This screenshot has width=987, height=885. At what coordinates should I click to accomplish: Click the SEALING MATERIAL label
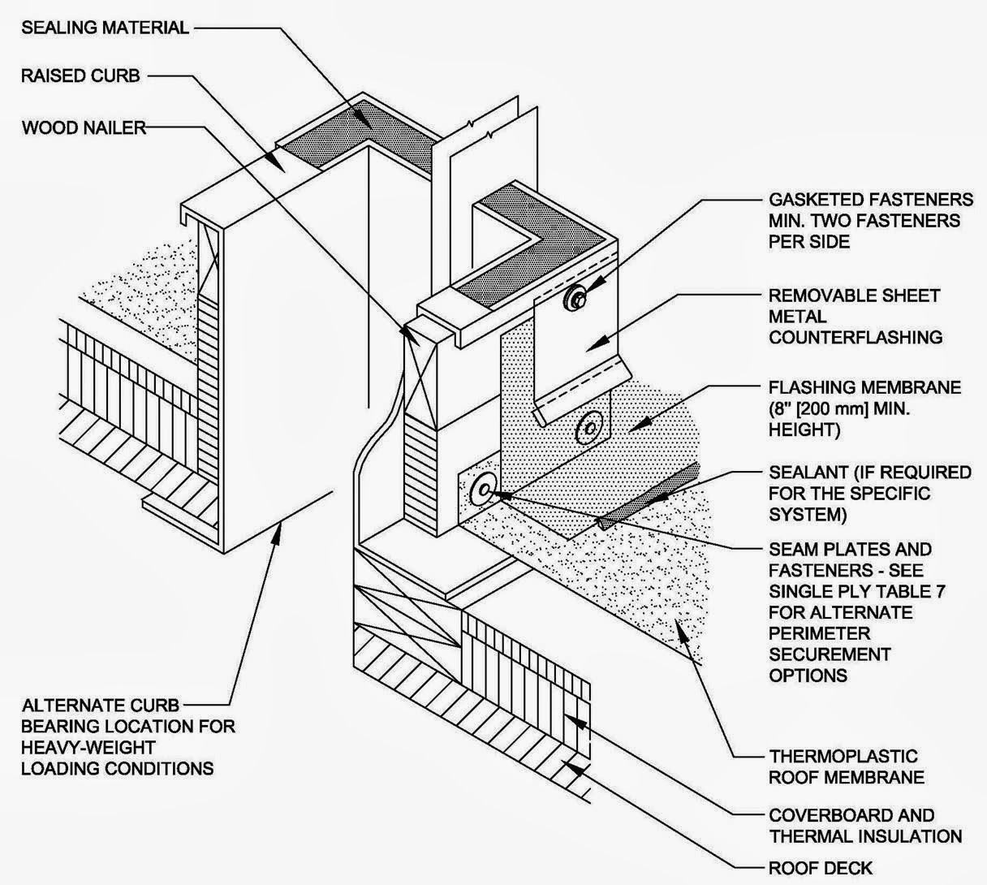coord(105,28)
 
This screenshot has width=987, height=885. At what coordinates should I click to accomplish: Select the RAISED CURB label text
coord(80,76)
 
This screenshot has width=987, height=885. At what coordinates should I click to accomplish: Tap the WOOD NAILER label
coord(84,127)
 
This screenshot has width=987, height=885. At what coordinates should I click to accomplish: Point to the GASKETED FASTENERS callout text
coord(870,220)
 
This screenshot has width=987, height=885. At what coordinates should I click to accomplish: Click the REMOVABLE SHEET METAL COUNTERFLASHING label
coord(856,316)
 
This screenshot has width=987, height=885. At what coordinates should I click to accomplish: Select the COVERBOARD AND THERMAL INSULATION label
coord(865,825)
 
